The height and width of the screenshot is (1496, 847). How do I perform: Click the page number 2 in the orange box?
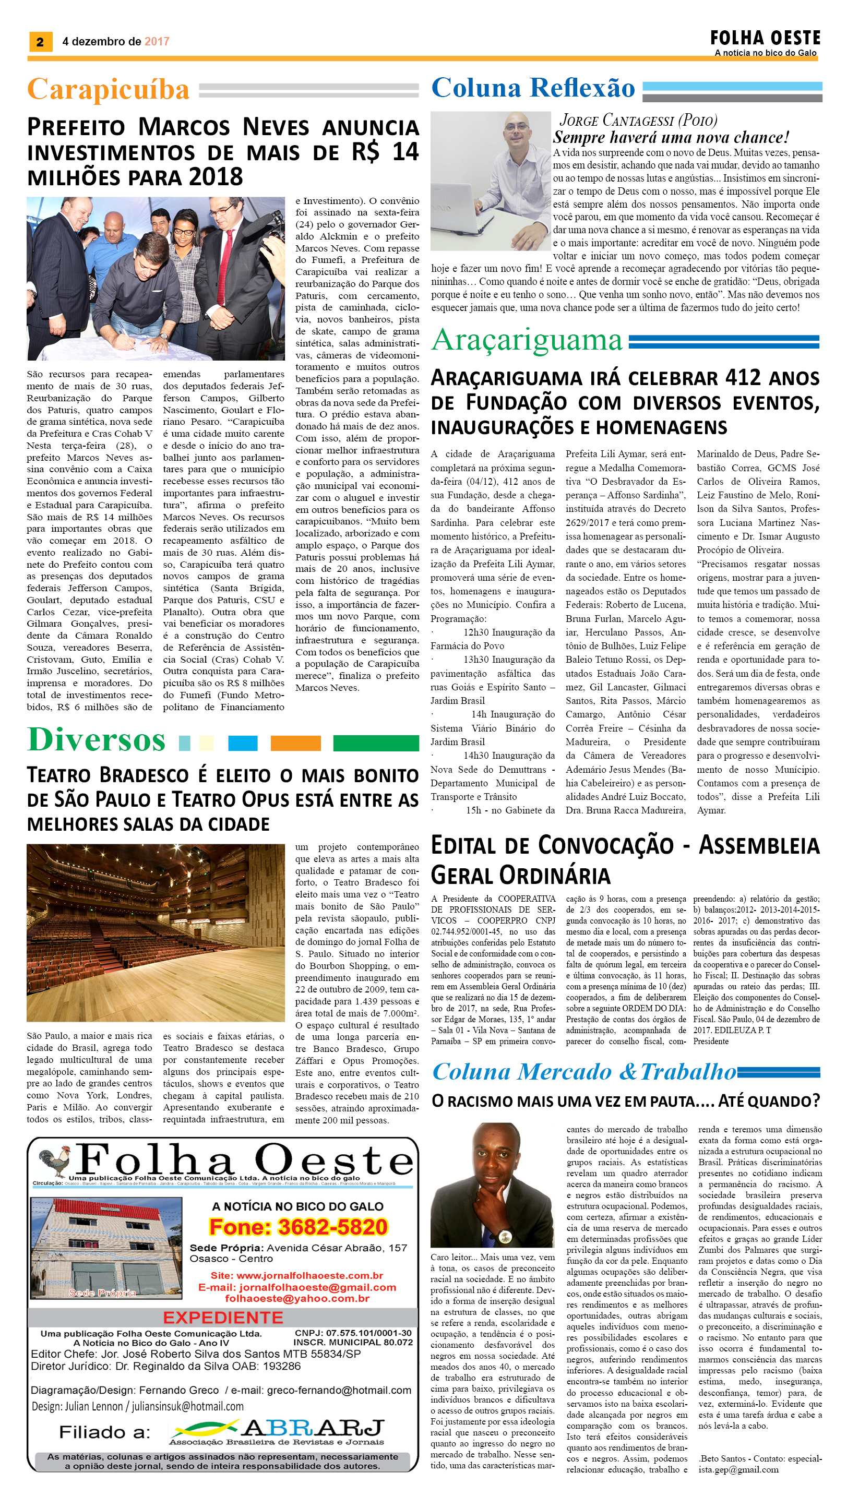40,42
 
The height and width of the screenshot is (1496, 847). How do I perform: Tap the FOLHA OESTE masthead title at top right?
765,39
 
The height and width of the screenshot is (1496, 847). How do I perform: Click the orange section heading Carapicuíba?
108,90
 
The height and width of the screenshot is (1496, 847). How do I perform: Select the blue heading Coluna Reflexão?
533,88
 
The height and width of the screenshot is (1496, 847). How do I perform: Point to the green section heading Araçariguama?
527,340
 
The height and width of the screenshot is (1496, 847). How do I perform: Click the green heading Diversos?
97,740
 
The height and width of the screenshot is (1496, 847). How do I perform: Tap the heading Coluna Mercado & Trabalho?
584,1071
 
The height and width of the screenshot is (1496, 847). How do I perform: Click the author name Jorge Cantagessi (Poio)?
638,121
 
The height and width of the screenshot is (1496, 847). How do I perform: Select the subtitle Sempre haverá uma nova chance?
671,137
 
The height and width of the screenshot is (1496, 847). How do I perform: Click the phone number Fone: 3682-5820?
299,1227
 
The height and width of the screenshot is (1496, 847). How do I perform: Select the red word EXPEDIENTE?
223,1318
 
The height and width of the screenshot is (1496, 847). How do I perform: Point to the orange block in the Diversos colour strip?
295,743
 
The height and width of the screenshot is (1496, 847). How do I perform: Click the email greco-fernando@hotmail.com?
339,1390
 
